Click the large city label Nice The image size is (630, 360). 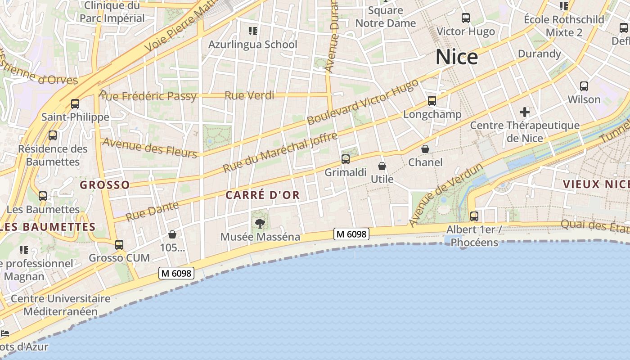pyautogui.click(x=456, y=57)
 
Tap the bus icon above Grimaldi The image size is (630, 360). pyautogui.click(x=345, y=159)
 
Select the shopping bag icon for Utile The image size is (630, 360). pyautogui.click(x=382, y=166)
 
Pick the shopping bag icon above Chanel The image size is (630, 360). pyautogui.click(x=425, y=148)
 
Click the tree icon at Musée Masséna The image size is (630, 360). pyautogui.click(x=260, y=223)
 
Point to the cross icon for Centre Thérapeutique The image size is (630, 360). pyautogui.click(x=524, y=112)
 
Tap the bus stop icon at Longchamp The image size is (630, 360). pyautogui.click(x=432, y=101)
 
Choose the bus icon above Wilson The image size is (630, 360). pyautogui.click(x=584, y=86)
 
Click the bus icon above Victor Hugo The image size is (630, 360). pyautogui.click(x=466, y=18)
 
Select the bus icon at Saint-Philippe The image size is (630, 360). pyautogui.click(x=75, y=104)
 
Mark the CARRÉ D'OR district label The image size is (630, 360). pyautogui.click(x=262, y=195)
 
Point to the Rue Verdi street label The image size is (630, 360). pyautogui.click(x=249, y=95)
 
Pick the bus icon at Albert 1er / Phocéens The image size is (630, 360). pyautogui.click(x=474, y=216)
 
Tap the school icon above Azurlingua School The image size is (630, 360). pyautogui.click(x=252, y=31)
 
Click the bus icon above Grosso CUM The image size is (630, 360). pyautogui.click(x=119, y=245)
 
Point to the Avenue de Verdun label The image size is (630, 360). pyautogui.click(x=446, y=195)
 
